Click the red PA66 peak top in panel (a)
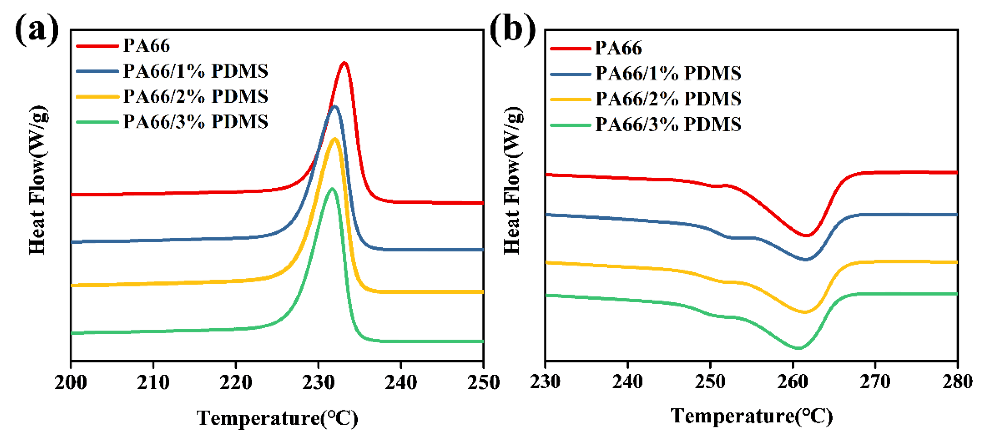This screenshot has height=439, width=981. coord(344,63)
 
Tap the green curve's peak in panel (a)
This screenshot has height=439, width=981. coord(332,189)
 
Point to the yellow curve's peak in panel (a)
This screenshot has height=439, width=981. coord(335,139)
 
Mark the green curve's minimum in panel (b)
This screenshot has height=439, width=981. coord(798,348)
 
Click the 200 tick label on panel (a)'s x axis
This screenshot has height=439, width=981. coord(71,382)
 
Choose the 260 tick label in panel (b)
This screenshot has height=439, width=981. coord(793,381)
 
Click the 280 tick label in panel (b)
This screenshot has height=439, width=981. coord(956,381)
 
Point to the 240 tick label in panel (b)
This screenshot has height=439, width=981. coord(628,381)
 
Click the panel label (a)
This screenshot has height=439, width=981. coord(37,30)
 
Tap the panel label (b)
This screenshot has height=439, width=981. coord(512,30)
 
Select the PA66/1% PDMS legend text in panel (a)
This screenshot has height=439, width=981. coord(195,71)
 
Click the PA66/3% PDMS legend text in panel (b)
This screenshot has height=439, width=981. coord(668,125)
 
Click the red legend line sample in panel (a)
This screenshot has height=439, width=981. coord(97,46)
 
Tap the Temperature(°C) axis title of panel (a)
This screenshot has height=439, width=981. coord(277,418)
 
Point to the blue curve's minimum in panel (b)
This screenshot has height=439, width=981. coord(806,260)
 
